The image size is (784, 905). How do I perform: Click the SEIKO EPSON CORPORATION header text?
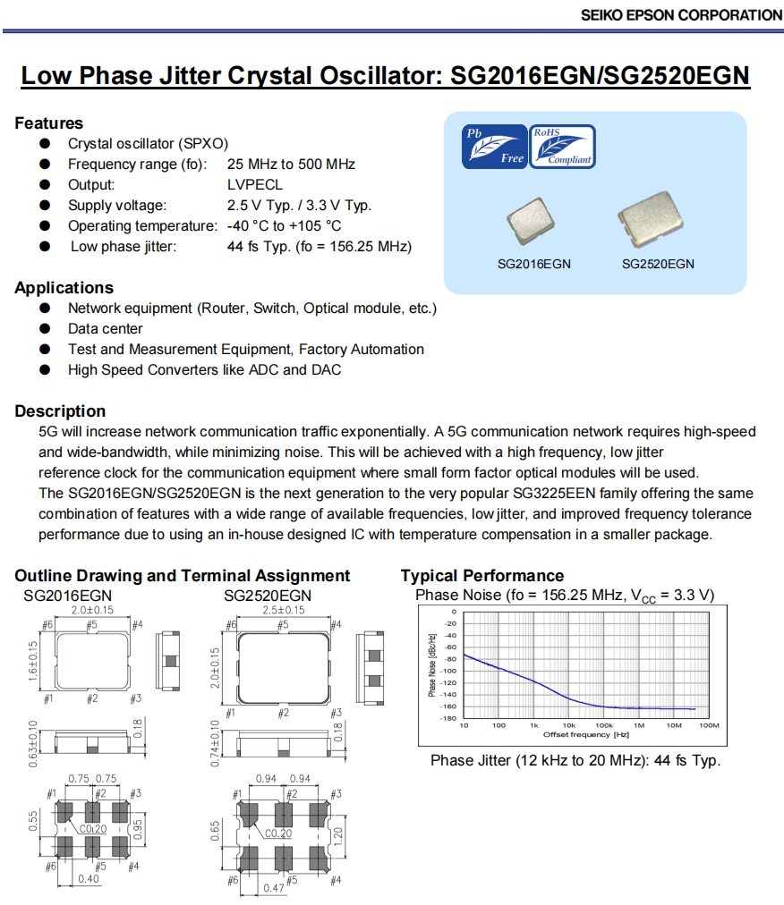(681, 14)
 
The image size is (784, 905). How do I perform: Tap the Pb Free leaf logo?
(493, 147)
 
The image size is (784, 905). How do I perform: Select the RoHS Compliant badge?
(562, 147)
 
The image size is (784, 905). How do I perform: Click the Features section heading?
(48, 123)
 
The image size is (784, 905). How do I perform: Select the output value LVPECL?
(255, 185)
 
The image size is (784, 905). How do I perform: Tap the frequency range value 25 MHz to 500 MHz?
(291, 165)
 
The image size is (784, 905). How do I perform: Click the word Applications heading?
(64, 288)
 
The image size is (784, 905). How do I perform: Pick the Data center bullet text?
(106, 329)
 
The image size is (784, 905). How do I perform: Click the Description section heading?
(60, 411)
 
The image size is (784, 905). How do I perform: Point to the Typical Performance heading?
(482, 576)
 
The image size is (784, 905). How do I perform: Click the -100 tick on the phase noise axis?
(449, 671)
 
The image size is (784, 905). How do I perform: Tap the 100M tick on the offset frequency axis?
(708, 725)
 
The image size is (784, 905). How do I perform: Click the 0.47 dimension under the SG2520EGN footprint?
(273, 888)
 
